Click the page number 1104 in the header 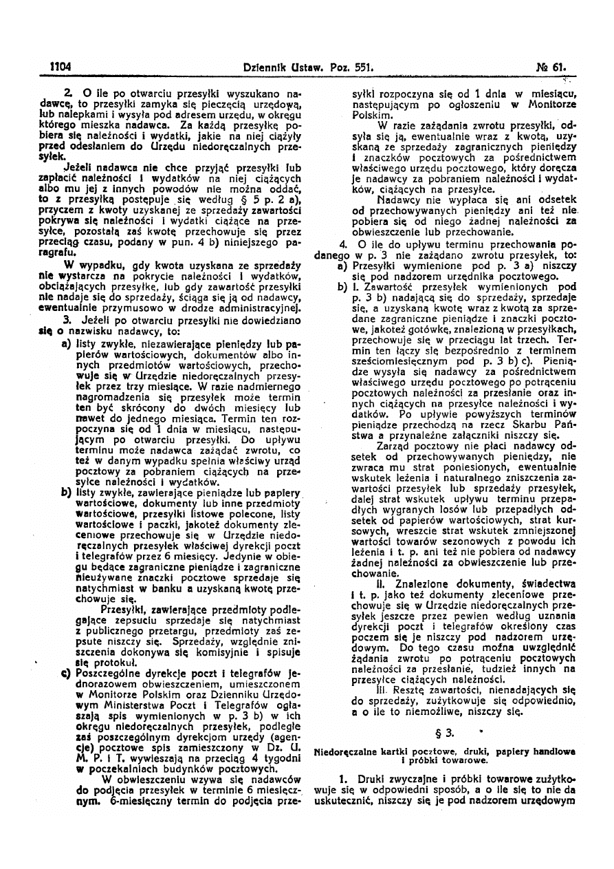tap(61, 67)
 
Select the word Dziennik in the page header tap(269, 67)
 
